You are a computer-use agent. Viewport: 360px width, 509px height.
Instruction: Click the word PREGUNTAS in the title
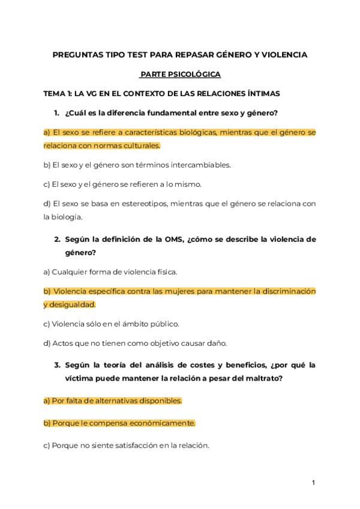pos(75,55)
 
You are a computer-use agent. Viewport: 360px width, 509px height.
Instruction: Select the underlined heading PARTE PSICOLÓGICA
pos(181,74)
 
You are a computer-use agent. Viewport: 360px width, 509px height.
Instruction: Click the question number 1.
pos(56,113)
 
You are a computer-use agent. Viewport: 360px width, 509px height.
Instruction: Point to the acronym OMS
pos(172,239)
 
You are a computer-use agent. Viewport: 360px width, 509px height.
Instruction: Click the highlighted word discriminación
pos(284,291)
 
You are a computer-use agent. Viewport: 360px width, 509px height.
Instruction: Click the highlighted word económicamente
pos(161,423)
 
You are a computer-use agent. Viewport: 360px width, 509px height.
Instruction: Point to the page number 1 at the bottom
pos(313,482)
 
